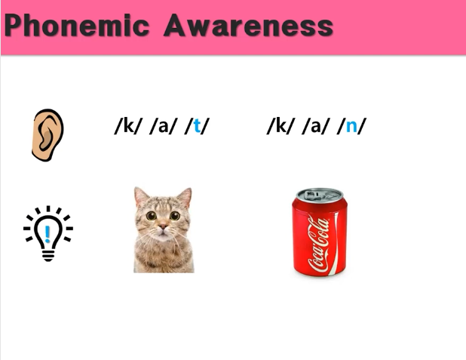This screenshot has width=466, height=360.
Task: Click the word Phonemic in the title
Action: point(77,26)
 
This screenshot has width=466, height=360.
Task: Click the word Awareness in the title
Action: point(248,26)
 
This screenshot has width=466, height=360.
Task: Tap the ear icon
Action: point(48,135)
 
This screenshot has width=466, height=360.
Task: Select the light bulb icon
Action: point(48,233)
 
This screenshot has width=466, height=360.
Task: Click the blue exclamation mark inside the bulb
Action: point(48,234)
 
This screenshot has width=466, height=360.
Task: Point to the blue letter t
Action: point(197,126)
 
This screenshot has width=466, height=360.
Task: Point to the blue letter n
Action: point(351,127)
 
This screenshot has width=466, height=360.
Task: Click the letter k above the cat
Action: point(128,125)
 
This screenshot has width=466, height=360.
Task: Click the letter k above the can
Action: point(281,125)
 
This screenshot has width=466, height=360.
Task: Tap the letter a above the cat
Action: point(163,127)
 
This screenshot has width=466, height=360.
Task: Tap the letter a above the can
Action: point(316,127)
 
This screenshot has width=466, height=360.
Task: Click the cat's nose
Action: point(163,227)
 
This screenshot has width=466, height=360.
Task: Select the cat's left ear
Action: point(141,195)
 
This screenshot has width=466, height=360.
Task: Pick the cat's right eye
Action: point(175,215)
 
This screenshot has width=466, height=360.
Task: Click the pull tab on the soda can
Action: point(316,195)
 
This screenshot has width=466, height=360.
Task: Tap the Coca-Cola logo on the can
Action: point(319,245)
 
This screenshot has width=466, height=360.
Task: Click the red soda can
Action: point(320,232)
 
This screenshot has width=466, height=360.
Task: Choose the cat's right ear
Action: point(185,197)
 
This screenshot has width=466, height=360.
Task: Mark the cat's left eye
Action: point(152,215)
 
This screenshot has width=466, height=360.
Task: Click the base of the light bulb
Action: point(48,256)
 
